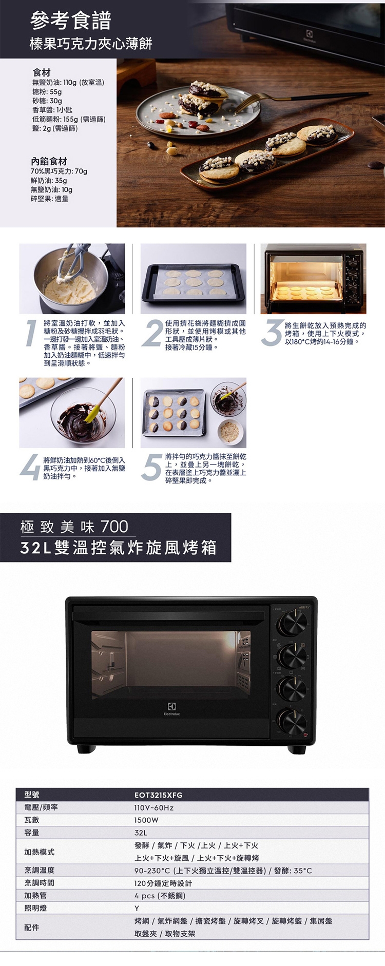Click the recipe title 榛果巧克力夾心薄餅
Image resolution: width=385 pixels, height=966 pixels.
pos(91,44)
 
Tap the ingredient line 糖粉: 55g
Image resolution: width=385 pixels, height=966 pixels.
pos(47,91)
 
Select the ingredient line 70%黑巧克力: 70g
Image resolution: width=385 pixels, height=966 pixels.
pos(59,171)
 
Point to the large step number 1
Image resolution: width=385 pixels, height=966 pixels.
pos(31,333)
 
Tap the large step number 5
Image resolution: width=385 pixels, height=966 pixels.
pos(151,468)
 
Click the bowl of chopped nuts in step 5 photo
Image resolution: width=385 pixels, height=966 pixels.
pos(230,431)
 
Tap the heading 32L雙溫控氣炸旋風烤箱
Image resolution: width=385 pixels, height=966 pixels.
pos(118,548)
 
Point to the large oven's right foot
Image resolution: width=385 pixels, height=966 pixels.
pos(297,749)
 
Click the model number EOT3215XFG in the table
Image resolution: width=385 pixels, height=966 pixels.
pos(158,795)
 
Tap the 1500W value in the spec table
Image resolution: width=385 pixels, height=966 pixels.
pos(146,820)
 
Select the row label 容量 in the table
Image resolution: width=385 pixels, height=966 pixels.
pos(32,833)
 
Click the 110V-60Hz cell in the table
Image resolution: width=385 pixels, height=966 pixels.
pos(154,808)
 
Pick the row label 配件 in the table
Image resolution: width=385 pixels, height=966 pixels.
pos(32,928)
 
